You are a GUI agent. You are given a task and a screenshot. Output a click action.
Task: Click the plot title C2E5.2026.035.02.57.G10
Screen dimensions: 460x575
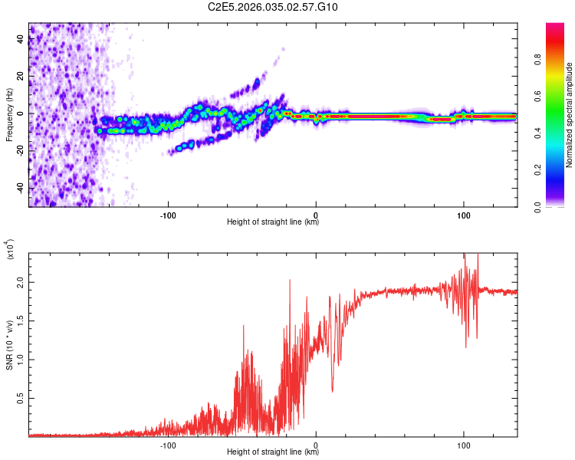tap(273, 8)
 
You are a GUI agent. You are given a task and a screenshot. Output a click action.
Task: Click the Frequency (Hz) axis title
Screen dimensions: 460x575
tap(10, 114)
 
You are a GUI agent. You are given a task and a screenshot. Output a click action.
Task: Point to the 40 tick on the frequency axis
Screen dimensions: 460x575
tap(21, 39)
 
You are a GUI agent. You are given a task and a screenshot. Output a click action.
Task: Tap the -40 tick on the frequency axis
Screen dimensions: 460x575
tap(21, 188)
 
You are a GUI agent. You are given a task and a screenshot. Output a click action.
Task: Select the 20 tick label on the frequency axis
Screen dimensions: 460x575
tap(21, 76)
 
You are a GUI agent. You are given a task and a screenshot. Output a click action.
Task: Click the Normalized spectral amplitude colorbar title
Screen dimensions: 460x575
tap(569, 114)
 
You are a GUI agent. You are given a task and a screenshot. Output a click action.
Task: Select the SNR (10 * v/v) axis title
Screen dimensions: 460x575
tap(10, 345)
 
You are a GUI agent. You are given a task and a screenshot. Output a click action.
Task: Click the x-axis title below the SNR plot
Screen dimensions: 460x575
tap(273, 452)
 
